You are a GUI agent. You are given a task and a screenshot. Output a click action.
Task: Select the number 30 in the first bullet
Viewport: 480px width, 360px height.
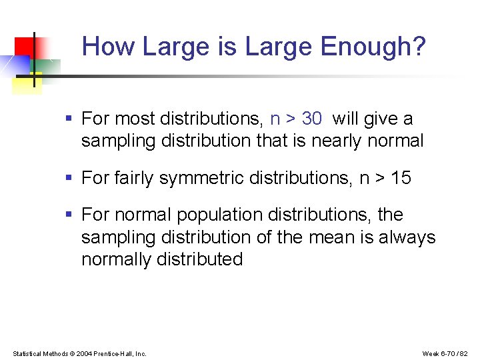[311, 119]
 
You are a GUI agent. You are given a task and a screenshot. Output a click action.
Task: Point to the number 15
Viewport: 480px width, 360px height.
[401, 178]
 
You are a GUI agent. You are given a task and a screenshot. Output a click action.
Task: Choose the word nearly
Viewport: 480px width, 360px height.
[339, 141]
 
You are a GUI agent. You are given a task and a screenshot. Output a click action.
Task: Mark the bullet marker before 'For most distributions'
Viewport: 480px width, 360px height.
[69, 119]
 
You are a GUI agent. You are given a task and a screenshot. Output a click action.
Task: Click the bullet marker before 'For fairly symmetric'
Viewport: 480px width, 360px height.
[69, 179]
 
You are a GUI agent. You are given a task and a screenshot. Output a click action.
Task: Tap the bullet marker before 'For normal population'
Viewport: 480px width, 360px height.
[69, 215]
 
